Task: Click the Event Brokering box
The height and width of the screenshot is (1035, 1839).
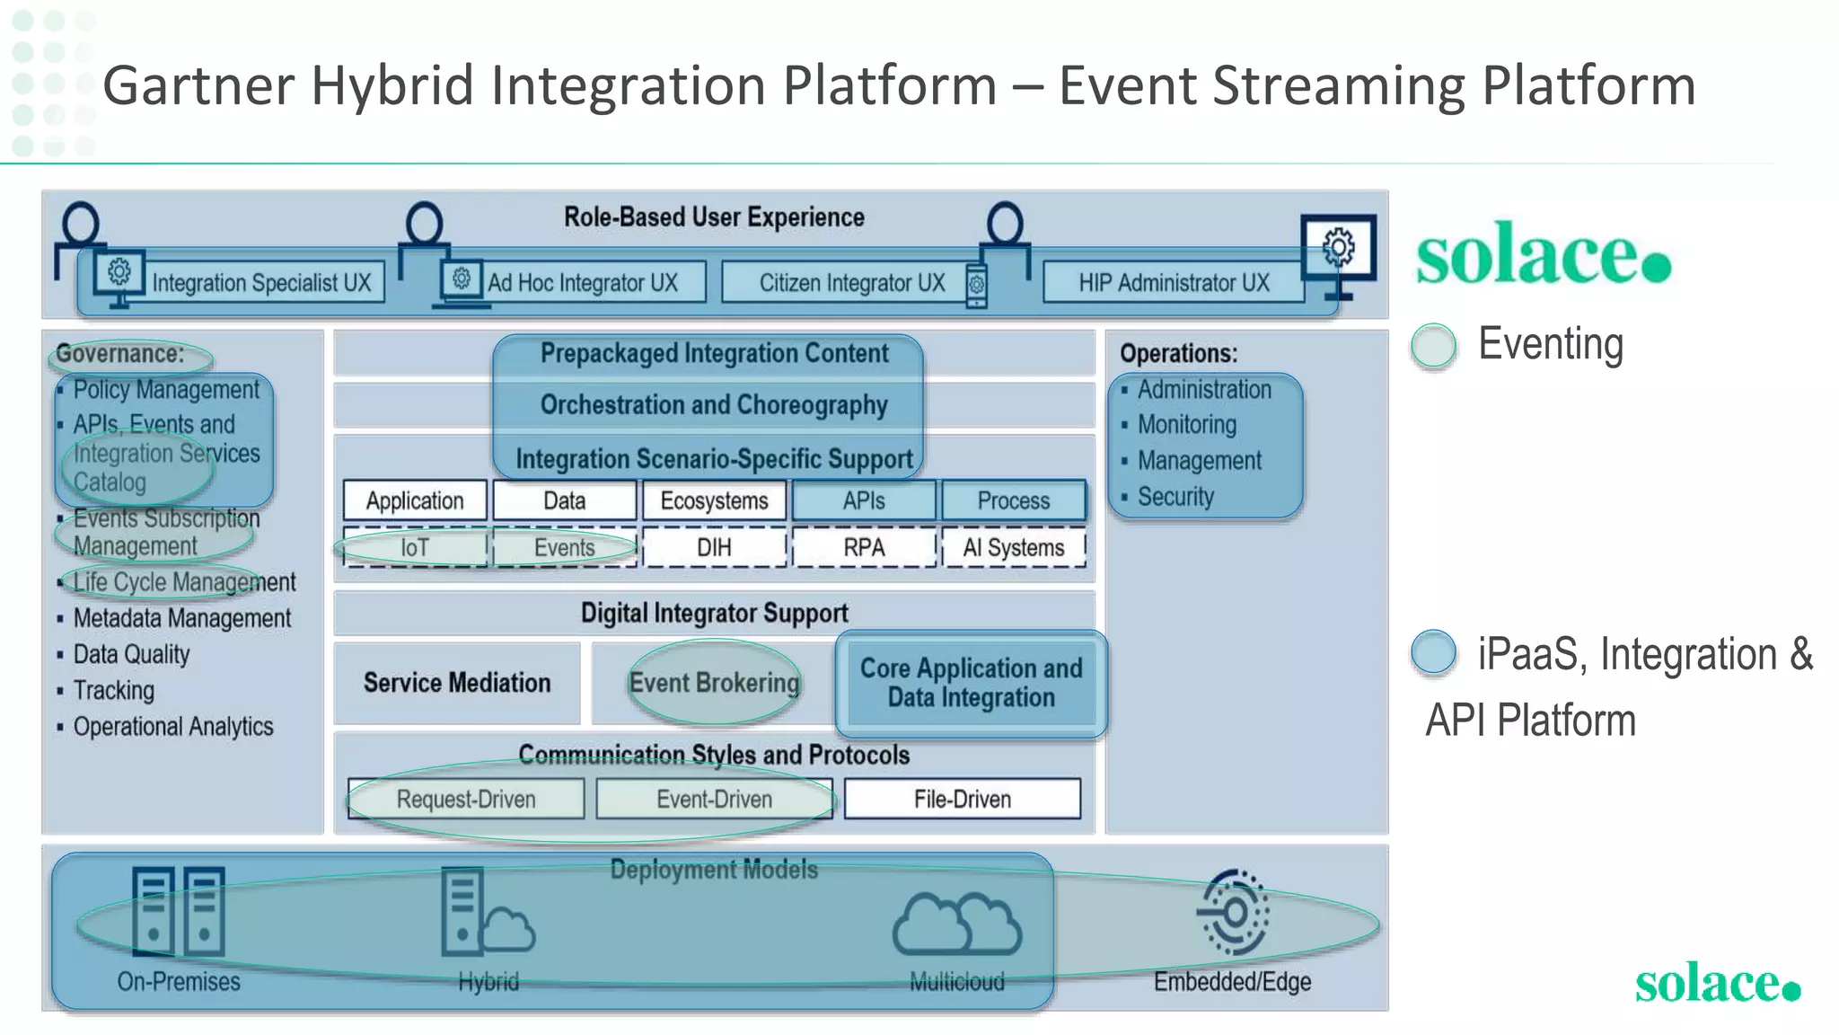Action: tap(714, 683)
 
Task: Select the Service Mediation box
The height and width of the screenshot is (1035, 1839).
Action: tap(457, 683)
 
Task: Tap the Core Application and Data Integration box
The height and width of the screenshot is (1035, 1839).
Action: tap(971, 683)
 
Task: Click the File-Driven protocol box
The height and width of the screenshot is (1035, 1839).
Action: tap(962, 799)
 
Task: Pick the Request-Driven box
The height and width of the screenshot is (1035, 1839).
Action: tap(466, 799)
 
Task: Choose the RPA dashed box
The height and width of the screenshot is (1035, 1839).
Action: tap(864, 547)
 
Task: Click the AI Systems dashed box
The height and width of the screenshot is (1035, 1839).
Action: tap(1013, 547)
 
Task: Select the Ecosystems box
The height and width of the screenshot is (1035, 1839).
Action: tap(714, 500)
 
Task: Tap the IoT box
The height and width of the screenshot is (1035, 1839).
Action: tap(415, 547)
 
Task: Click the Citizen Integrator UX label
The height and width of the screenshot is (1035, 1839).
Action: tap(851, 283)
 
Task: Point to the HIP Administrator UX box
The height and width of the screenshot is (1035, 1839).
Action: tap(1174, 283)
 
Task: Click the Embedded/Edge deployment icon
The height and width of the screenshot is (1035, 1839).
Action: tap(1234, 913)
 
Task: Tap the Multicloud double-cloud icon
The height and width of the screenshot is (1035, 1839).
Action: tap(957, 923)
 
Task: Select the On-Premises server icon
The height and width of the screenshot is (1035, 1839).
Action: tap(178, 911)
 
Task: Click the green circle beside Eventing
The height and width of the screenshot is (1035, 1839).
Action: tap(1433, 346)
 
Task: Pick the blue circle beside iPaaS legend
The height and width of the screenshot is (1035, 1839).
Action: tap(1433, 652)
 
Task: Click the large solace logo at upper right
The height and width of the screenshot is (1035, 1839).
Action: tap(1543, 255)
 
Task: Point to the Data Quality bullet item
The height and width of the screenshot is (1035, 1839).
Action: tap(131, 654)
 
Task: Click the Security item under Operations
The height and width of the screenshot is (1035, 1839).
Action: tap(1175, 497)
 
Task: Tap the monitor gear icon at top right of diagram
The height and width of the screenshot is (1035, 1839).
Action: tap(1338, 248)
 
